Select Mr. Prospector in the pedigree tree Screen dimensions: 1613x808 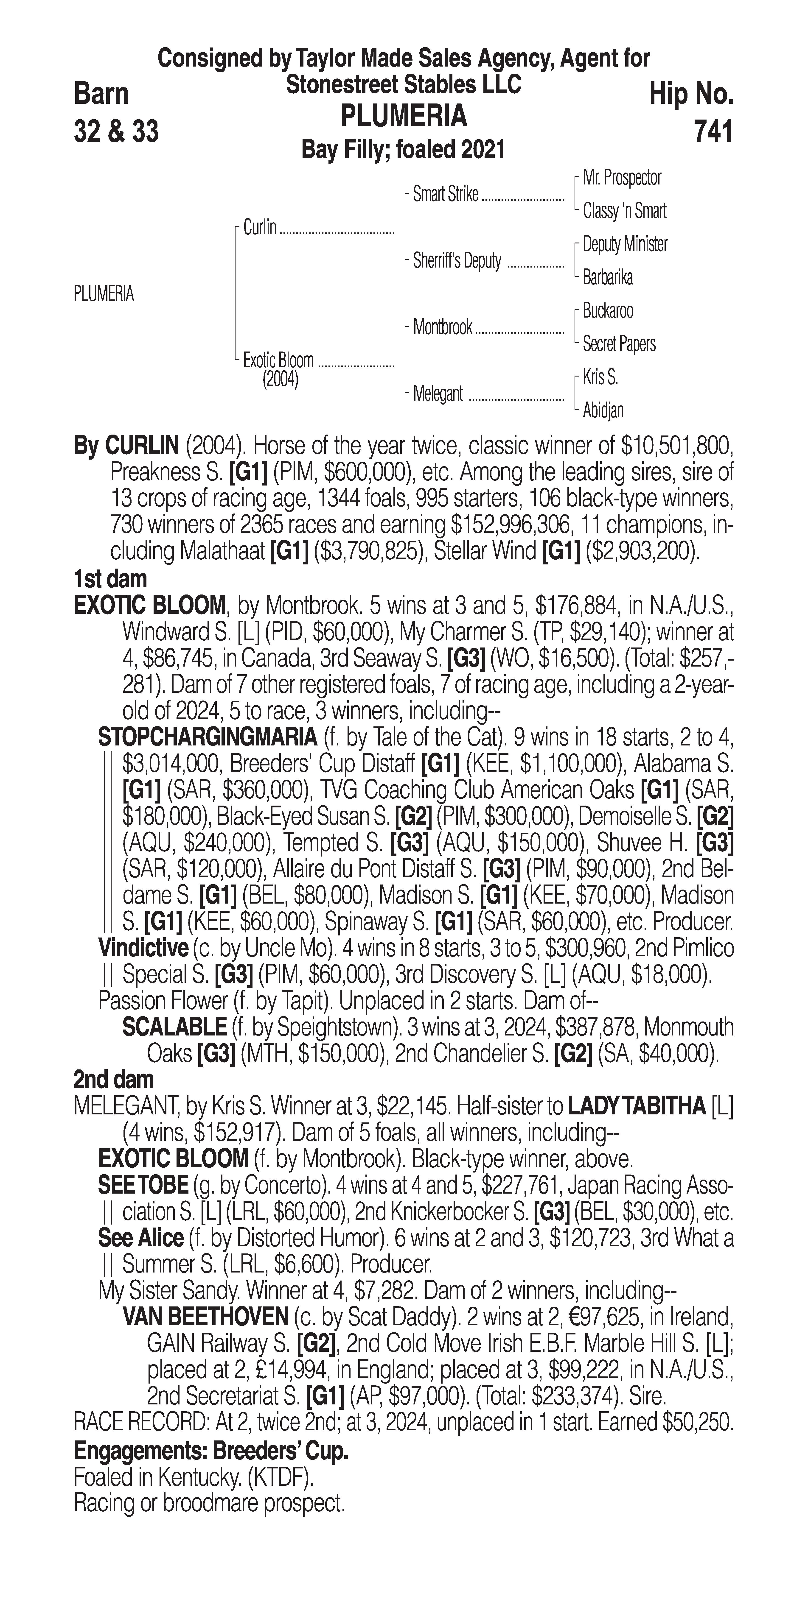coord(622,178)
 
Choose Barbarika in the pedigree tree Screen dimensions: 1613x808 coord(608,277)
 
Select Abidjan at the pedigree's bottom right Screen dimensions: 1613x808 coord(603,411)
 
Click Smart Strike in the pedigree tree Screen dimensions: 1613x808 coord(445,195)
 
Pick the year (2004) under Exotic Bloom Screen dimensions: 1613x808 coord(280,380)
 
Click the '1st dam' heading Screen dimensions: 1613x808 coord(110,579)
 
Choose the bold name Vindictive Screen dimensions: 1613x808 coord(143,948)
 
